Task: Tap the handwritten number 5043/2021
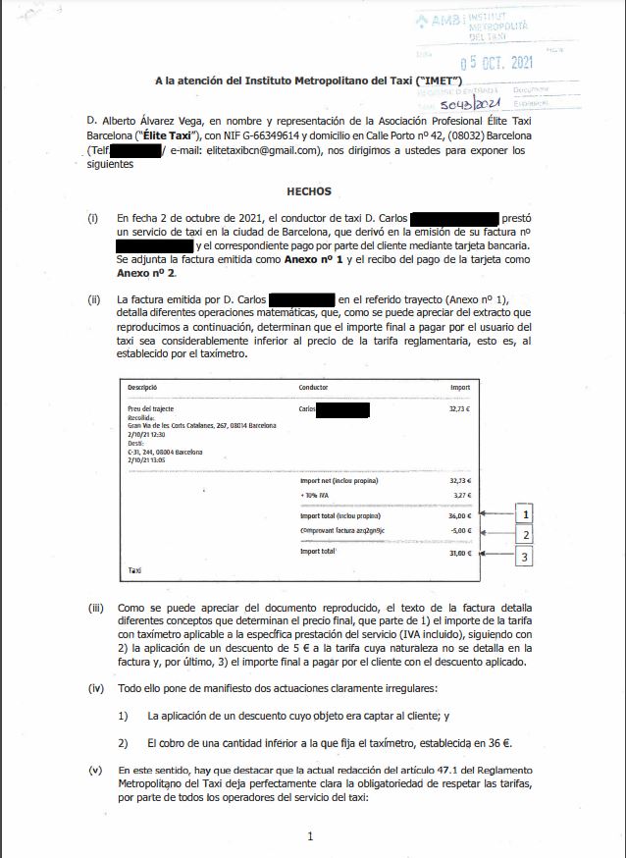pos(470,102)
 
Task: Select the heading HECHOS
pos(309,191)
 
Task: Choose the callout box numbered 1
pos(527,514)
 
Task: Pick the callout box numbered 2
pos(527,534)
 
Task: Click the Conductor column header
pos(313,388)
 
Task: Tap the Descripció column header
pos(143,388)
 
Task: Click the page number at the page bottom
pos(310,836)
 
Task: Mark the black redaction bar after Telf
pos(134,151)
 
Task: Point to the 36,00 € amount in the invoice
pos(459,515)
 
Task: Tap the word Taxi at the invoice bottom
pos(134,569)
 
